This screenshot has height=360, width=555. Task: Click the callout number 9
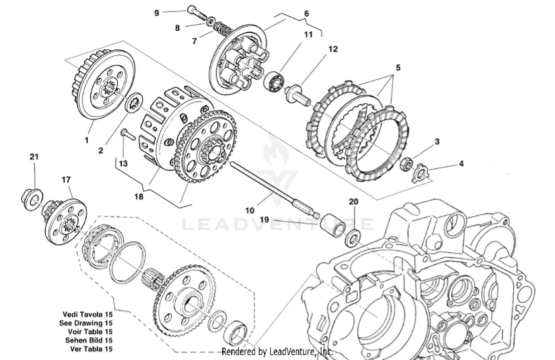click(157, 13)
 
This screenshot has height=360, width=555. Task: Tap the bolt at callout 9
click(196, 13)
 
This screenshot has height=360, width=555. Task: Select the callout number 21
click(34, 157)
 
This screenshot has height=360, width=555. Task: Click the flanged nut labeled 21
click(31, 198)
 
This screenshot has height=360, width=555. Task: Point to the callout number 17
click(66, 180)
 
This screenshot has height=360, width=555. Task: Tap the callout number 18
click(139, 196)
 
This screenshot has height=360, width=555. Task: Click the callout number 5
click(398, 68)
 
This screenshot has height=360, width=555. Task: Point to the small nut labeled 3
click(407, 163)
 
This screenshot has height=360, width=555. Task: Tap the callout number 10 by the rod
click(250, 210)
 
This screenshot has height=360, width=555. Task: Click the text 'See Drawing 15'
click(86, 323)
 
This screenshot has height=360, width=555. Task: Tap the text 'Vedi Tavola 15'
click(87, 314)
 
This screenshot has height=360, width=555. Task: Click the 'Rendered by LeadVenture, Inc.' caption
click(277, 351)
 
